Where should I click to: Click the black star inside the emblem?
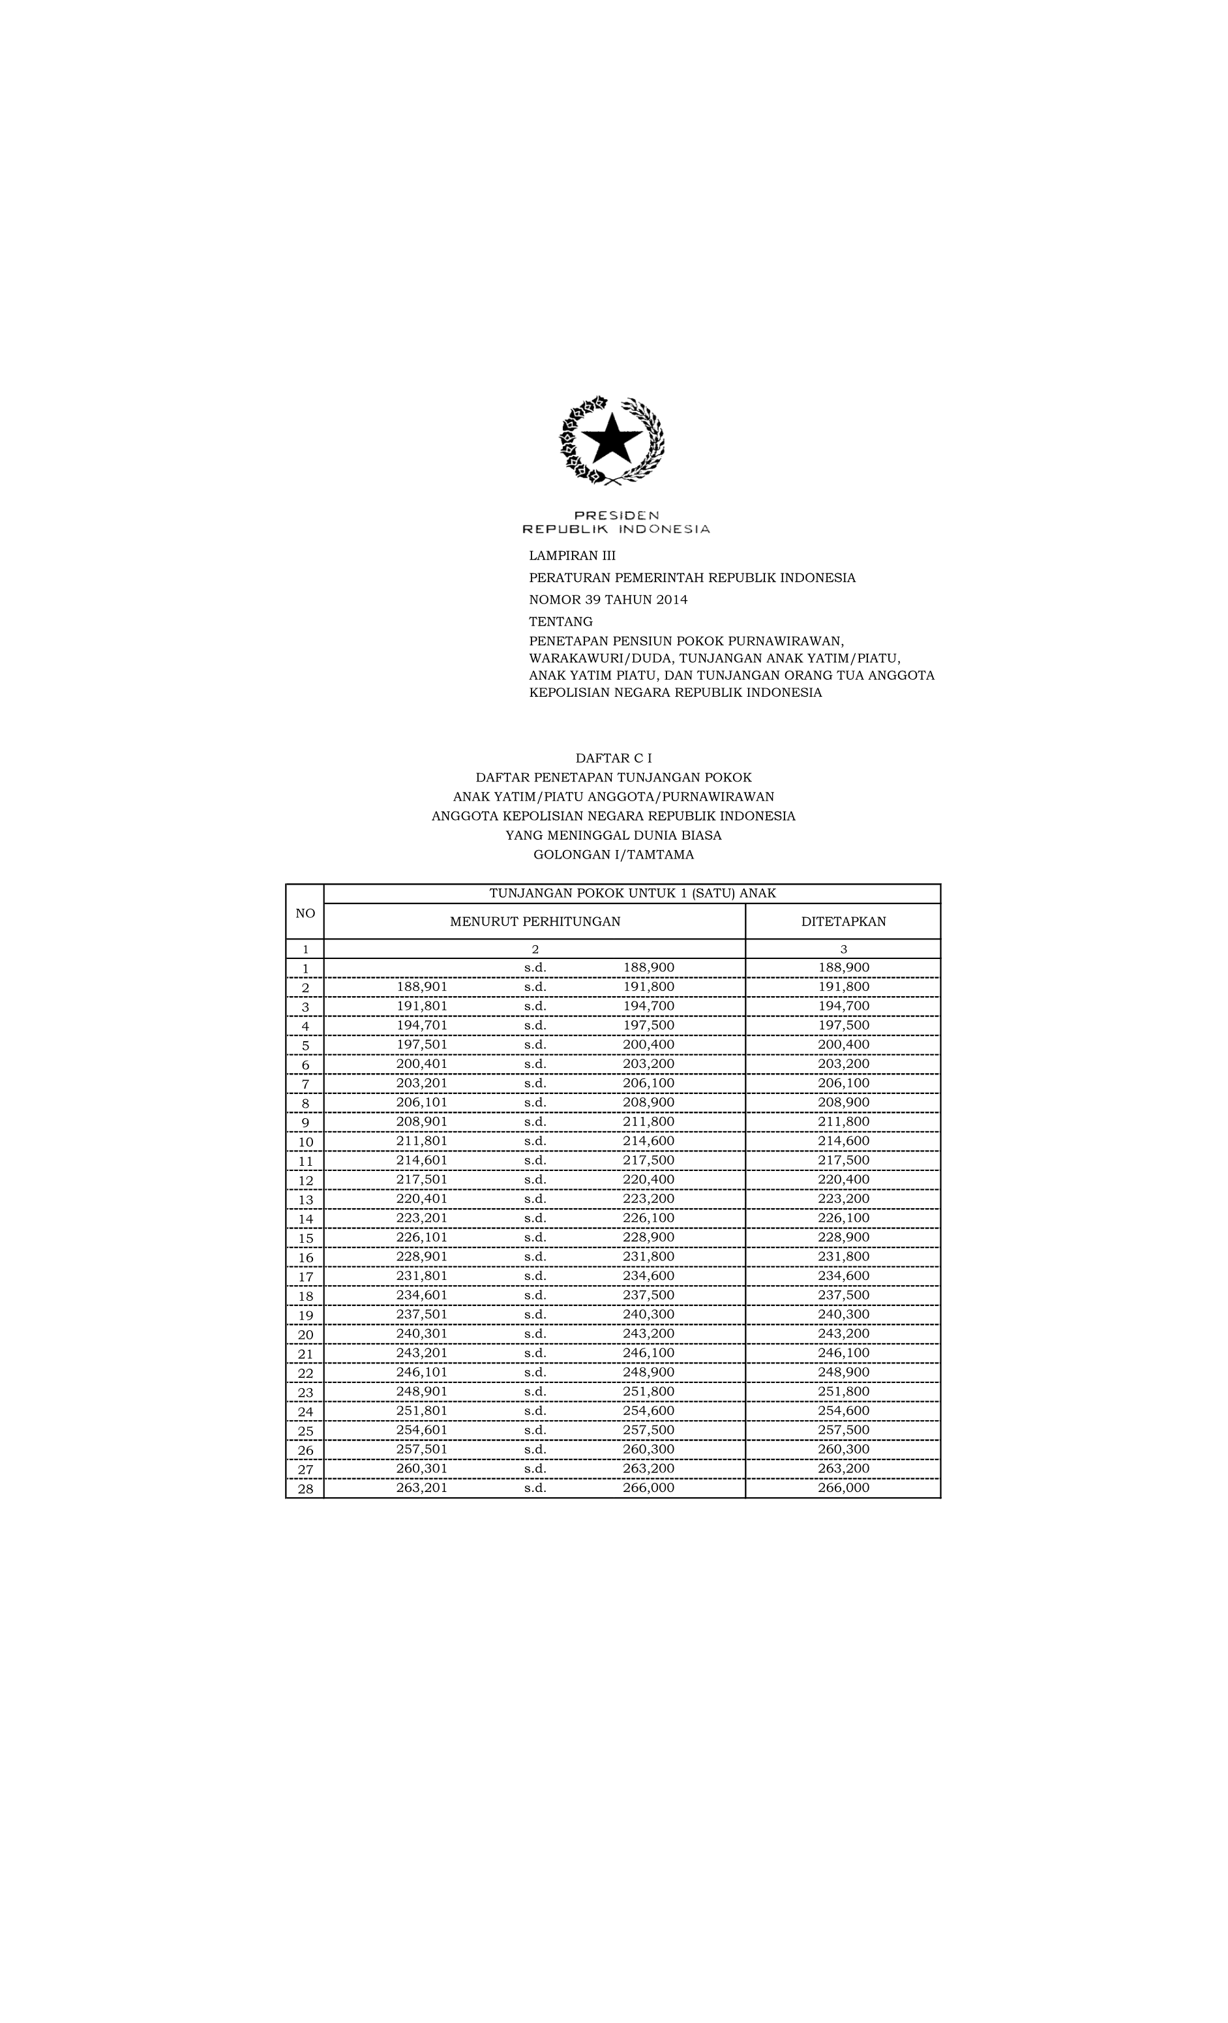(612, 438)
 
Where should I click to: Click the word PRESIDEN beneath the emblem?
(616, 515)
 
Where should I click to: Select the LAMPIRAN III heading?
(571, 556)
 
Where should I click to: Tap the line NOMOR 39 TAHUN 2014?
(607, 600)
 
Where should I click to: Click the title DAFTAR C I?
(613, 758)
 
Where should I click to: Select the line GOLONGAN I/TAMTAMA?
(613, 855)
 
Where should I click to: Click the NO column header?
(305, 913)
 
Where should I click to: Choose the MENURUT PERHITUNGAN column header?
(534, 921)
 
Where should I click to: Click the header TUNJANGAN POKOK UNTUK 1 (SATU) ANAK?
(632, 893)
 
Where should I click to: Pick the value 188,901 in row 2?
(422, 987)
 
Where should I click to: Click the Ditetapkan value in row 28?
(843, 1487)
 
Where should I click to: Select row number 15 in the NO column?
(305, 1238)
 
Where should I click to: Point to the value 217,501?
(422, 1179)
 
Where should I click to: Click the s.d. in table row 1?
(535, 968)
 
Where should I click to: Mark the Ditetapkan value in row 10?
(843, 1141)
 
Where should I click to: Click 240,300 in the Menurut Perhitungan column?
(648, 1315)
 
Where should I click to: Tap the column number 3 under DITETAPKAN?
(843, 949)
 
